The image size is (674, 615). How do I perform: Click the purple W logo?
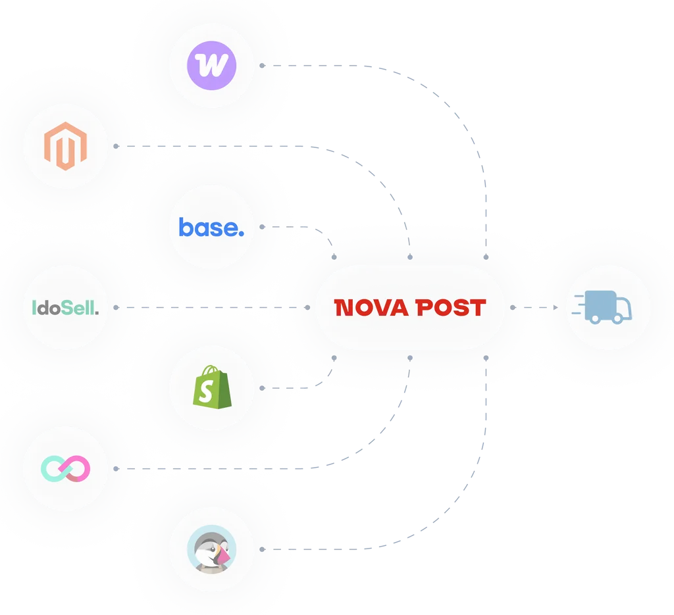point(211,65)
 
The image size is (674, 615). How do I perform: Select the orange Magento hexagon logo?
point(65,146)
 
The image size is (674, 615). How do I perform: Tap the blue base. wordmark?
point(211,227)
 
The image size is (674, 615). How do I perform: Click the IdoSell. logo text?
point(65,308)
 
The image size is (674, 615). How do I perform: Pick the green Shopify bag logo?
point(212,387)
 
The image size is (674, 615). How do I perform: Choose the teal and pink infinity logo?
point(65,468)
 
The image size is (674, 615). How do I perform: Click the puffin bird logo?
point(211,549)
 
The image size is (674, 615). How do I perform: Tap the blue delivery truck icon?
point(602,308)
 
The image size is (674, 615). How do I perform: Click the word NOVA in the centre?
point(371,308)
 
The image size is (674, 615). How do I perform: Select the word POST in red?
point(451,308)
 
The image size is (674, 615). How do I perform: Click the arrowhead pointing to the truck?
point(556,308)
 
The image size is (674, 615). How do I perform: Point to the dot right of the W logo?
point(262,65)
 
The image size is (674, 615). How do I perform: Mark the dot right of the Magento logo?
point(116,146)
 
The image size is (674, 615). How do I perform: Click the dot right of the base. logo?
point(262,227)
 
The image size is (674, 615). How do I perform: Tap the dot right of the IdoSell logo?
point(116,308)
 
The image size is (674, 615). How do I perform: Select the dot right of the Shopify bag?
point(262,388)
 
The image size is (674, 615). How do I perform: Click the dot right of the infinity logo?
point(116,468)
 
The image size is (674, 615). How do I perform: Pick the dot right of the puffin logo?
point(262,549)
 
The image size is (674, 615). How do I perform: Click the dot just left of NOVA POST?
point(307,308)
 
